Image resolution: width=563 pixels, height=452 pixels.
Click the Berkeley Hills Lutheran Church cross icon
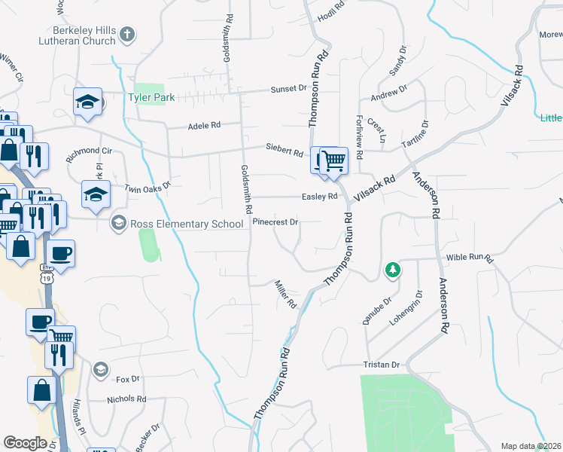[128, 34]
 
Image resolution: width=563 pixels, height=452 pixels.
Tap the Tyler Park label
[151, 98]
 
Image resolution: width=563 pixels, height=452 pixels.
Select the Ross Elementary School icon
[118, 223]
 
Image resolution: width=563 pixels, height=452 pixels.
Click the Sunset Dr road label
[289, 89]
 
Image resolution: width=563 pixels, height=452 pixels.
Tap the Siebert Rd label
[284, 150]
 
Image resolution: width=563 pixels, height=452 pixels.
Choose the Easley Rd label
[319, 197]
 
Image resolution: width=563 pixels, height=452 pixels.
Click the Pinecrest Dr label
[276, 222]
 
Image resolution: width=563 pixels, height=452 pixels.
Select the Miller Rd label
[286, 294]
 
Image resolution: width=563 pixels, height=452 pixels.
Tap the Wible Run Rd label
[469, 258]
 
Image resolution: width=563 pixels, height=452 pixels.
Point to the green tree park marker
[391, 270]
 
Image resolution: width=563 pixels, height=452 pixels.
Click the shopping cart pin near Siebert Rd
[333, 161]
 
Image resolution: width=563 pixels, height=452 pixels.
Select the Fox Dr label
[129, 379]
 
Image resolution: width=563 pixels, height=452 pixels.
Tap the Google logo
[25, 443]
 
